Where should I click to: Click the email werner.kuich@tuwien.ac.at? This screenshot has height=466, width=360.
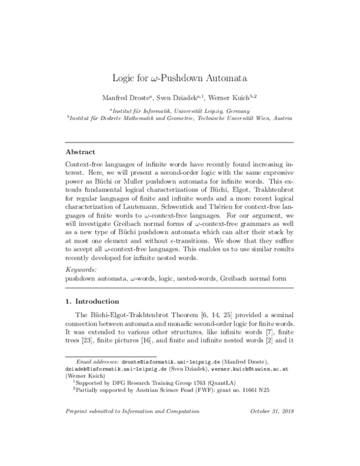pos(252,388)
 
